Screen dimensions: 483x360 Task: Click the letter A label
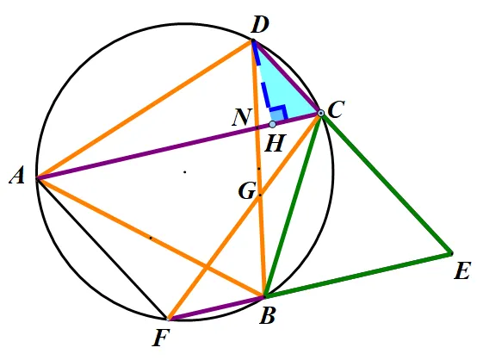tap(17, 177)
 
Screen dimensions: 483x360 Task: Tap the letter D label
tap(260, 25)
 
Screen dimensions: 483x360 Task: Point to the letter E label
tap(462, 271)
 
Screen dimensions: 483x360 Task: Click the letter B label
tap(267, 315)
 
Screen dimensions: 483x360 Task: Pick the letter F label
tap(161, 338)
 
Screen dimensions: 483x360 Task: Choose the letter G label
tap(247, 191)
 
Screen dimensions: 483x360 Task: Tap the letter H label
tap(274, 144)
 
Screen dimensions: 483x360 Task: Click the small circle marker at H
tap(272, 124)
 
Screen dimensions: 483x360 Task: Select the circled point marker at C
tap(321, 114)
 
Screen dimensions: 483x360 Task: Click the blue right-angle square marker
tap(279, 113)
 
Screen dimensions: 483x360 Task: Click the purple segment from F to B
tap(216, 308)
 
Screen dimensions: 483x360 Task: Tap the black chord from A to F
tap(102, 248)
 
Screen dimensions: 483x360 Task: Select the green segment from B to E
tap(358, 276)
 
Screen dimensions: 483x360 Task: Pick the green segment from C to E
tap(387, 183)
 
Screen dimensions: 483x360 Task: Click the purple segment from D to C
tap(287, 77)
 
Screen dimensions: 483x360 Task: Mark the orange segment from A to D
tap(145, 109)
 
